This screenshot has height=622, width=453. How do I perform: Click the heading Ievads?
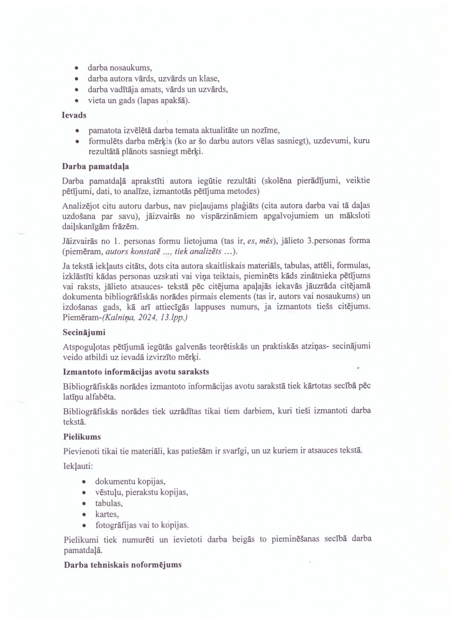pos(74,116)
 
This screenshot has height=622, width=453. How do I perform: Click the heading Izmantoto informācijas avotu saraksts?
pos(136,372)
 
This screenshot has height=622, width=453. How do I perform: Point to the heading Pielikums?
pos(82,437)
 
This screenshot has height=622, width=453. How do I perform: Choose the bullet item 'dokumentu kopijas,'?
pos(130,481)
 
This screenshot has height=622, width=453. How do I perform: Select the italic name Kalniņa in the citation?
pos(127,317)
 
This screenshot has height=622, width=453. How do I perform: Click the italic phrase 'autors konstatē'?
pos(137,251)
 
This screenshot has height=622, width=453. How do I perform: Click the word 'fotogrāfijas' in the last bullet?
pos(118,524)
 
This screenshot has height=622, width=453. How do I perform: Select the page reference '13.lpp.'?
pos(176,317)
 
